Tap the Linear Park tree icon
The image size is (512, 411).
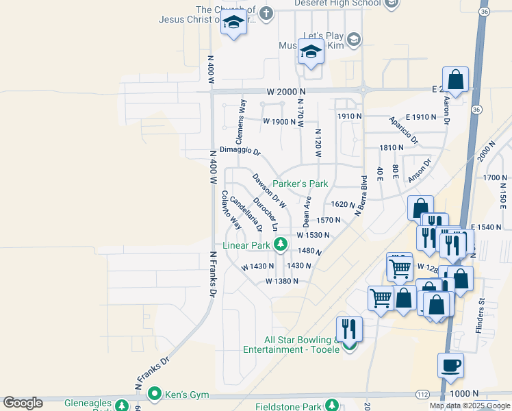[x=280, y=244]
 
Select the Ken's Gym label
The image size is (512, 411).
[x=181, y=394]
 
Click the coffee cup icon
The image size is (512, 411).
[x=451, y=365]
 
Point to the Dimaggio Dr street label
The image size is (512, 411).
[x=240, y=151]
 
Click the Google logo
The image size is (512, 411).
[x=23, y=403]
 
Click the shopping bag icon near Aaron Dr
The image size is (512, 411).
[x=455, y=79]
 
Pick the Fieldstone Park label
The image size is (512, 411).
[x=287, y=407]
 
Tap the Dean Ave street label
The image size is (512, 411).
[x=307, y=212]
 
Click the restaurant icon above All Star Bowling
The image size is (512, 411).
[x=349, y=329]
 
